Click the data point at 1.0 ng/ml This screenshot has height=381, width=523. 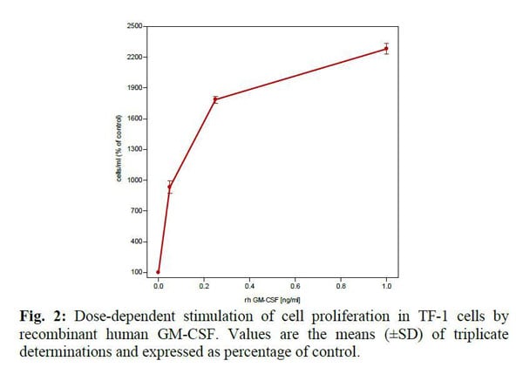(x=386, y=48)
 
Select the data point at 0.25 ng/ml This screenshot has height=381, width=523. (x=215, y=99)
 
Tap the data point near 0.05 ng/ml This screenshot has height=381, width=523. (x=169, y=187)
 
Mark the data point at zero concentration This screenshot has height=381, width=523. (x=158, y=272)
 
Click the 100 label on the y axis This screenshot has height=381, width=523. (x=137, y=272)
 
